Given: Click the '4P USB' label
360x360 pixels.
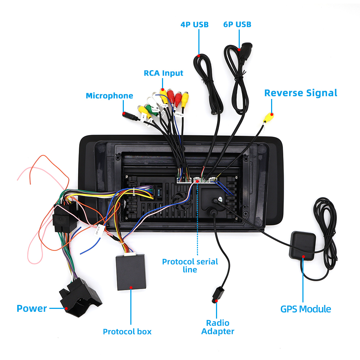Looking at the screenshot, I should coord(194,24).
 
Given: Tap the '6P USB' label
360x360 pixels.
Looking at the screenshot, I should coord(237,24).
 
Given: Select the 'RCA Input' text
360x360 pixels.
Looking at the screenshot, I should coord(163,73).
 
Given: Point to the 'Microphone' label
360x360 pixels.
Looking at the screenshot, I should coord(109,96).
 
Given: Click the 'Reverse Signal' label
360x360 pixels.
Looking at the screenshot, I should coord(301,93).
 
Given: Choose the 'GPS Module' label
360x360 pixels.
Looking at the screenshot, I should coord(306,309).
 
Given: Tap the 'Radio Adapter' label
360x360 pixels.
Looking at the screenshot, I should coord(218,327).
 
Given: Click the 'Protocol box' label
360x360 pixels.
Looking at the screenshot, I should coord(127,332).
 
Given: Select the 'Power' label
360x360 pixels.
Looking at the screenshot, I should coord(32,309).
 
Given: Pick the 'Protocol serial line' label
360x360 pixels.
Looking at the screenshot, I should coord(190,266).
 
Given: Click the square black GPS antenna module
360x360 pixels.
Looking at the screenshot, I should coord(303,245).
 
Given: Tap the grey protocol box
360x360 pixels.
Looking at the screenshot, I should coord(131,272).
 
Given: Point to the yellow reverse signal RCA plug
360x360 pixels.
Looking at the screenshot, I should coord(268,117).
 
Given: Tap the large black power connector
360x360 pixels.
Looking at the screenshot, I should coord(79,297).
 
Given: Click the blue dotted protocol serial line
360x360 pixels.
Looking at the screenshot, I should coord(197,223).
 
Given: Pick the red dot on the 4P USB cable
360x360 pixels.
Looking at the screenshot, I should coord(199,56).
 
